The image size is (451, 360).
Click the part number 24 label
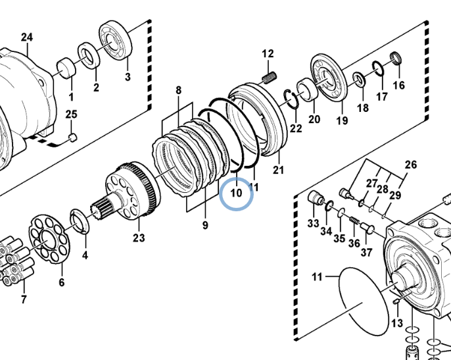pos(27,37)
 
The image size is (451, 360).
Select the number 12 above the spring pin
pos(268,53)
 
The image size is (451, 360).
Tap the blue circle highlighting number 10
pos(237,194)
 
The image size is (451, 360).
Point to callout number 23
pos(139,238)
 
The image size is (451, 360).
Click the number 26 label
pos(411,165)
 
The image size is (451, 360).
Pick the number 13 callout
pos(397,323)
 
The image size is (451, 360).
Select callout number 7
pos(24,299)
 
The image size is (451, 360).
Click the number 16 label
pos(398,86)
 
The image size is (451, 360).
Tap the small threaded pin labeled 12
pos(270,78)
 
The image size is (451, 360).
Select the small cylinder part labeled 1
pos(66,68)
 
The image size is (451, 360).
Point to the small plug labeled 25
pos(74,138)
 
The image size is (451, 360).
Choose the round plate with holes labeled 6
pos(49,239)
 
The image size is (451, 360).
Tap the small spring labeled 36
pos(354,221)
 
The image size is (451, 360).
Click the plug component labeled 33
pos(316,197)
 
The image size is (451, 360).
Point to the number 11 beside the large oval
pos(317,277)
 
